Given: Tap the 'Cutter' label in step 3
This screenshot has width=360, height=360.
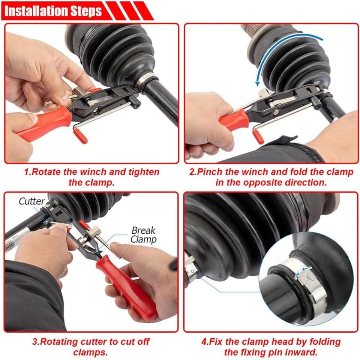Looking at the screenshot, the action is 31,201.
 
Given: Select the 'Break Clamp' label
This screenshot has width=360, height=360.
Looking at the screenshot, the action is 144,235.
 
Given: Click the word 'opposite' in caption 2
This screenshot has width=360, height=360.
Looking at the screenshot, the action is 262,183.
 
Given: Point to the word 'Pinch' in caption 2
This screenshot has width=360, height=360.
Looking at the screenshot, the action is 210,172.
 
